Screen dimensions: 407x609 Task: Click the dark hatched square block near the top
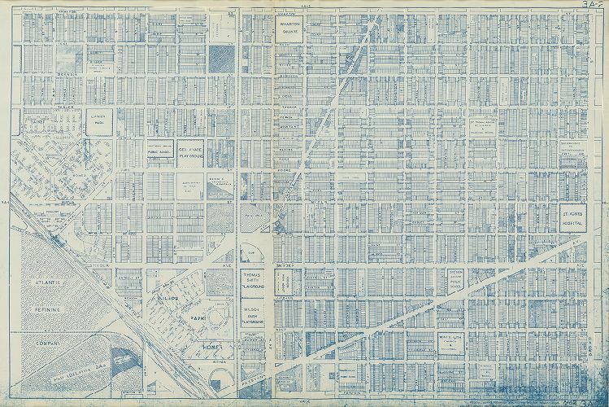click(x=220, y=56)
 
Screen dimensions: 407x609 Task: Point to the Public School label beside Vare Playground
click(x=158, y=151)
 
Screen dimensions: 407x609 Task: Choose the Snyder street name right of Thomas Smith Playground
click(x=289, y=265)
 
